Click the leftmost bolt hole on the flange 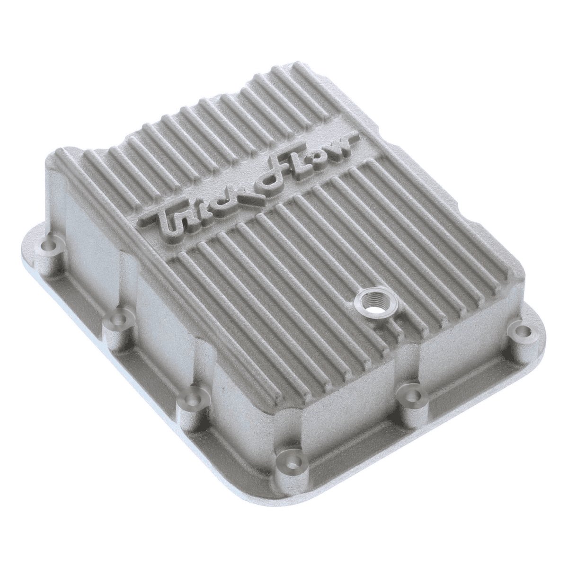tap(49, 247)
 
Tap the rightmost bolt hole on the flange tap(521, 330)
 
